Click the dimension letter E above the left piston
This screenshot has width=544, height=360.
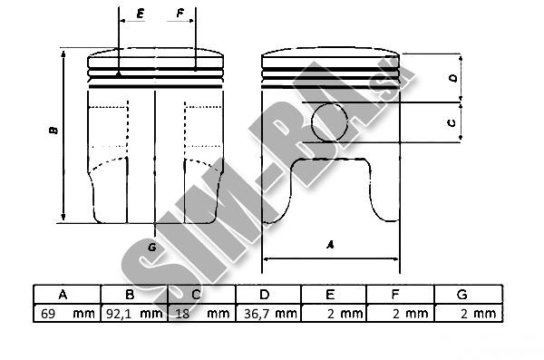[141, 14]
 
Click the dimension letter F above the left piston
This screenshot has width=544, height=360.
[180, 14]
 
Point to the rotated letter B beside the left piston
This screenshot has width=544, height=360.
[53, 131]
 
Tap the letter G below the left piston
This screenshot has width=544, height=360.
[152, 248]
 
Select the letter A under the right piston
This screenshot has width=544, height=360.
[330, 245]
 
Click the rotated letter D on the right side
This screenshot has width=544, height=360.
[453, 79]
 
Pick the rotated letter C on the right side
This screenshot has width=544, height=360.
[452, 122]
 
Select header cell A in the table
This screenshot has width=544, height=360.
[67, 295]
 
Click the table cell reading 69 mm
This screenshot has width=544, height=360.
[67, 314]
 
